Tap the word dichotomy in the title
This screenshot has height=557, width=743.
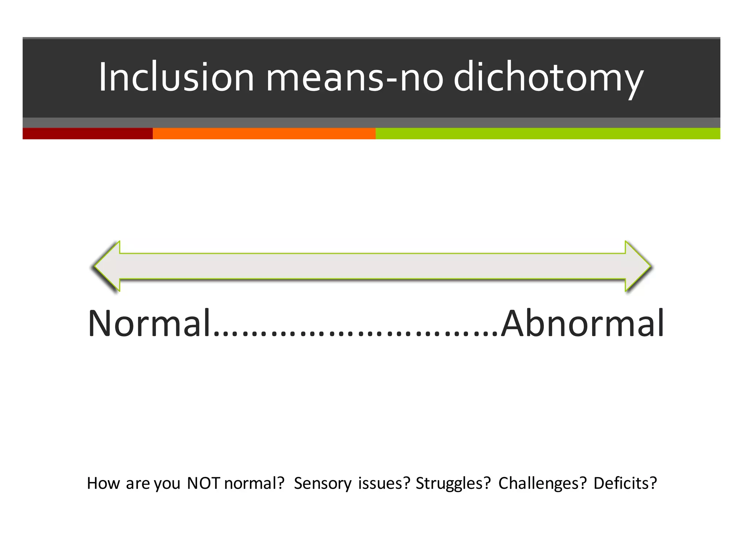(x=548, y=77)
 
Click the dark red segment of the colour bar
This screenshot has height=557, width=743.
(x=87, y=133)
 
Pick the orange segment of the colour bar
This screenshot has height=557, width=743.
(x=264, y=133)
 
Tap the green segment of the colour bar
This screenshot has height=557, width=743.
(x=547, y=133)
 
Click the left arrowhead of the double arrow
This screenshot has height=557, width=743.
(x=107, y=266)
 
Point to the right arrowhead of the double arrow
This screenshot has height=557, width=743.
(x=638, y=266)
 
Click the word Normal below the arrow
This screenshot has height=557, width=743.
(x=149, y=323)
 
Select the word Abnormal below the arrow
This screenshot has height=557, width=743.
(x=582, y=323)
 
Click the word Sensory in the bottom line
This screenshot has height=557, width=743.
(x=323, y=483)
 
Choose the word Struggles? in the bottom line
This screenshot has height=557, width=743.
(x=453, y=483)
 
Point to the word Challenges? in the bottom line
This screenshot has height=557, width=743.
(x=542, y=483)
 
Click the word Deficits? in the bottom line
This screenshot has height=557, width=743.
(x=625, y=483)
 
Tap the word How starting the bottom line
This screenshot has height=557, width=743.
(x=103, y=483)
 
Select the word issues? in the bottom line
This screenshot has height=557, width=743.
(x=384, y=483)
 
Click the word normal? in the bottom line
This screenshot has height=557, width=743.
(x=254, y=483)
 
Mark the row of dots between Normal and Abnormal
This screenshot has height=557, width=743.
(x=356, y=332)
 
